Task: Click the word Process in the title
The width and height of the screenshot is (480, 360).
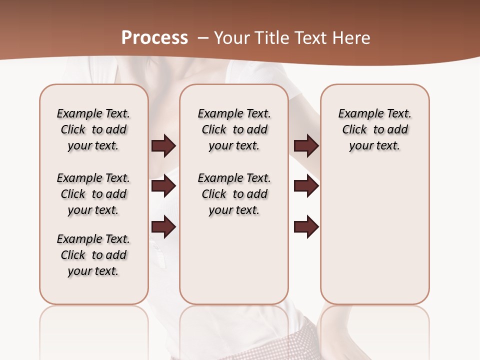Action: point(155,37)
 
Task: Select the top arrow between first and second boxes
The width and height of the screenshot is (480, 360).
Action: point(163,145)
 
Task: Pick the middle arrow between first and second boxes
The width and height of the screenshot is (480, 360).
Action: point(163,186)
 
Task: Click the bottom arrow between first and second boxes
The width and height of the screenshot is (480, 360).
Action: point(163,227)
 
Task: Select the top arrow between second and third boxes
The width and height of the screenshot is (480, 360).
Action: point(306,145)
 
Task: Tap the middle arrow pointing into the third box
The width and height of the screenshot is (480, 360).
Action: point(306,186)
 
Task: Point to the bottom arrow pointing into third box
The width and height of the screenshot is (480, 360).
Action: point(306,227)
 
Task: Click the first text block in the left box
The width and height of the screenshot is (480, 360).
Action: point(93,129)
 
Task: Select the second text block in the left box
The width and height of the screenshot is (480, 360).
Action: point(93,194)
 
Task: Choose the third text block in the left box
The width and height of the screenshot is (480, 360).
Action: point(93,255)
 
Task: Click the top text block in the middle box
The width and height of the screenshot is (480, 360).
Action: point(234,129)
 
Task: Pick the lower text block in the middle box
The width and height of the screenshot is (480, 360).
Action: point(234,194)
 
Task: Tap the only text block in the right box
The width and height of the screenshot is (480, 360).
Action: point(375,129)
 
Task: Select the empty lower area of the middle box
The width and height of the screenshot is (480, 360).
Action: point(234,260)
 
